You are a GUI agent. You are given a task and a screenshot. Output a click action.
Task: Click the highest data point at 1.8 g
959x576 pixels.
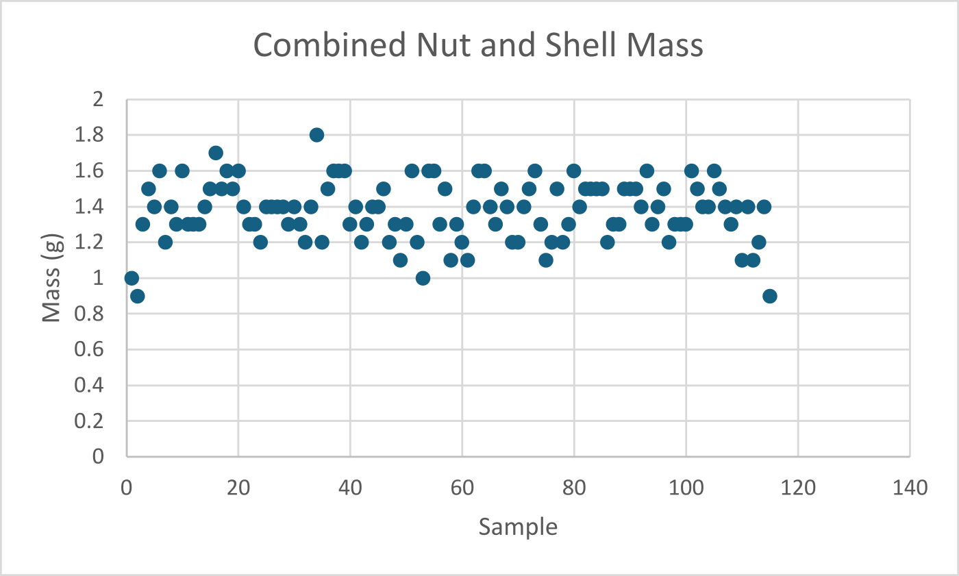tap(316, 135)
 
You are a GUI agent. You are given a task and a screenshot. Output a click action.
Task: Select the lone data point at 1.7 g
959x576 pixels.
tap(216, 153)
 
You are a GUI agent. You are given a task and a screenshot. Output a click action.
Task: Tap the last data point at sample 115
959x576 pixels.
tap(770, 296)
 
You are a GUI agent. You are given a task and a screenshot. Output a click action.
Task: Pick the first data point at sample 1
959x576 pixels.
tap(132, 278)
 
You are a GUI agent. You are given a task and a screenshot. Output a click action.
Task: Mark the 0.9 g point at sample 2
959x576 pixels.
tap(137, 296)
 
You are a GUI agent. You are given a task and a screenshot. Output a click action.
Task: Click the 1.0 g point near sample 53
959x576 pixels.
tap(423, 278)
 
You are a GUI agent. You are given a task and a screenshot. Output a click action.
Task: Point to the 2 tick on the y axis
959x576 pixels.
tap(97, 99)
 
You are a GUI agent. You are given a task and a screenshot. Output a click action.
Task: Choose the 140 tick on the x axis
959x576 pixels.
tap(910, 488)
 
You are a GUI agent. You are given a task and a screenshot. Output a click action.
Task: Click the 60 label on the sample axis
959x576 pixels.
tap(462, 488)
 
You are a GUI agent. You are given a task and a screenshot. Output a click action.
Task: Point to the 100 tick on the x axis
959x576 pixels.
tap(686, 488)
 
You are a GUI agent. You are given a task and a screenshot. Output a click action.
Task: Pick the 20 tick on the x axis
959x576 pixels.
tap(238, 488)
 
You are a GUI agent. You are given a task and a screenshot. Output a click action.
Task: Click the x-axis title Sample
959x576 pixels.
tap(518, 527)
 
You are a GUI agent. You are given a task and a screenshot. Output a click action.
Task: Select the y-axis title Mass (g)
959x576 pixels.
tap(53, 277)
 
